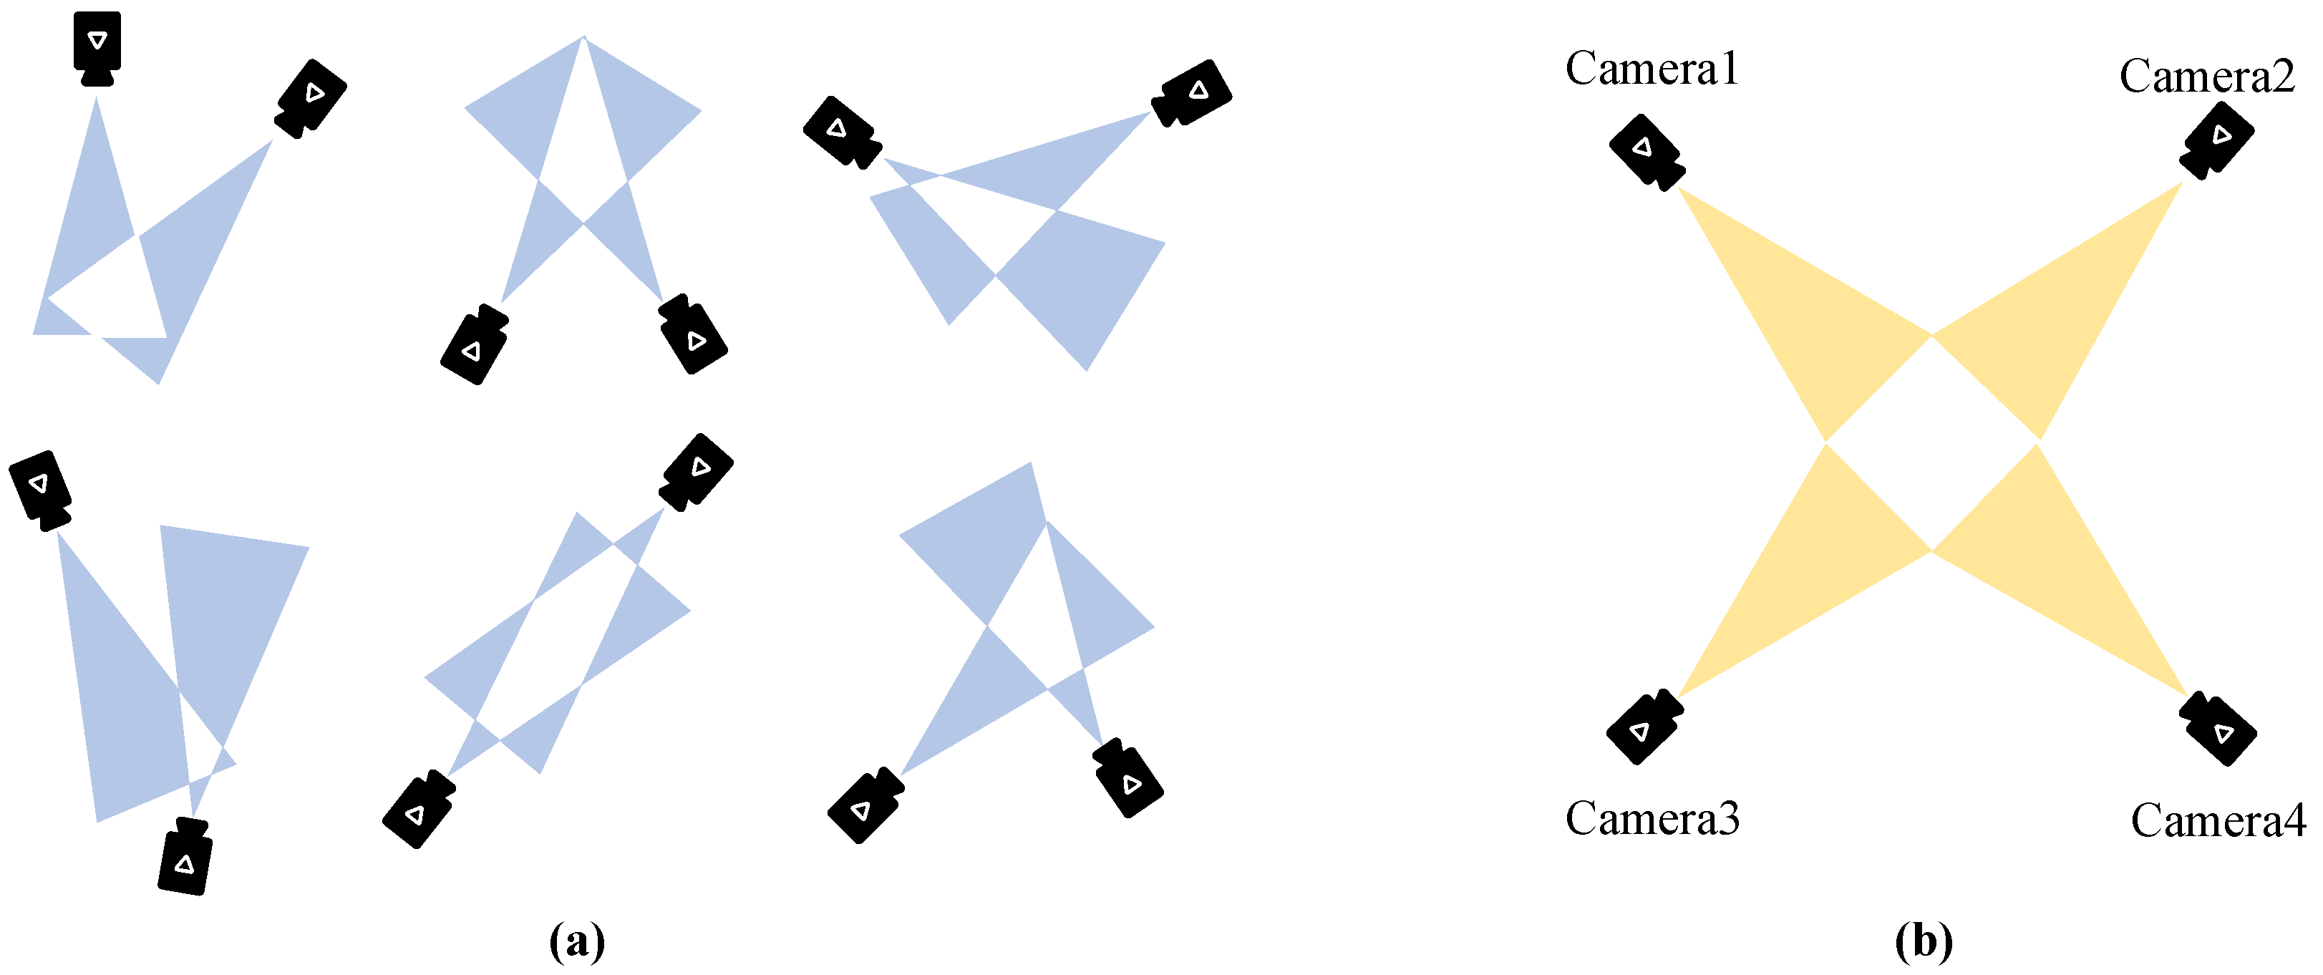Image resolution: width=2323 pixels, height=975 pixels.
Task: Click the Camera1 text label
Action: point(1652,69)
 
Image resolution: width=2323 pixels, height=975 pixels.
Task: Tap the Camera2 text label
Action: point(2206,76)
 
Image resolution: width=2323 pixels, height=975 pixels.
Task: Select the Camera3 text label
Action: point(1652,818)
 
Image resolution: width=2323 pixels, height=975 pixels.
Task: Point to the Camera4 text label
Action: point(2218,821)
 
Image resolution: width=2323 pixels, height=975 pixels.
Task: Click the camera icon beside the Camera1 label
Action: point(1647,152)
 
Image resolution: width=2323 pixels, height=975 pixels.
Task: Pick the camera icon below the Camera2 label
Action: point(2216,140)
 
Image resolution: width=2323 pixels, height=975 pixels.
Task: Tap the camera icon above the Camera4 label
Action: point(2218,729)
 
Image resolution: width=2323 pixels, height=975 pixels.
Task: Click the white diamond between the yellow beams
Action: point(1931,442)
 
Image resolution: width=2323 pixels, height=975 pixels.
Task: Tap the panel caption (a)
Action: point(577,941)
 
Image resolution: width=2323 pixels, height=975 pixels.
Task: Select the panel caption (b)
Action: point(1924,941)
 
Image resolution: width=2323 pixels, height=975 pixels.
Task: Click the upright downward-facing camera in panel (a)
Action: point(97,49)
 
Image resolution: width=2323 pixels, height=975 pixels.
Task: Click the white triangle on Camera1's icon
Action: point(1642,147)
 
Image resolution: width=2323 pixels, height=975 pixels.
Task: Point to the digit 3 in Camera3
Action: point(1729,819)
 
